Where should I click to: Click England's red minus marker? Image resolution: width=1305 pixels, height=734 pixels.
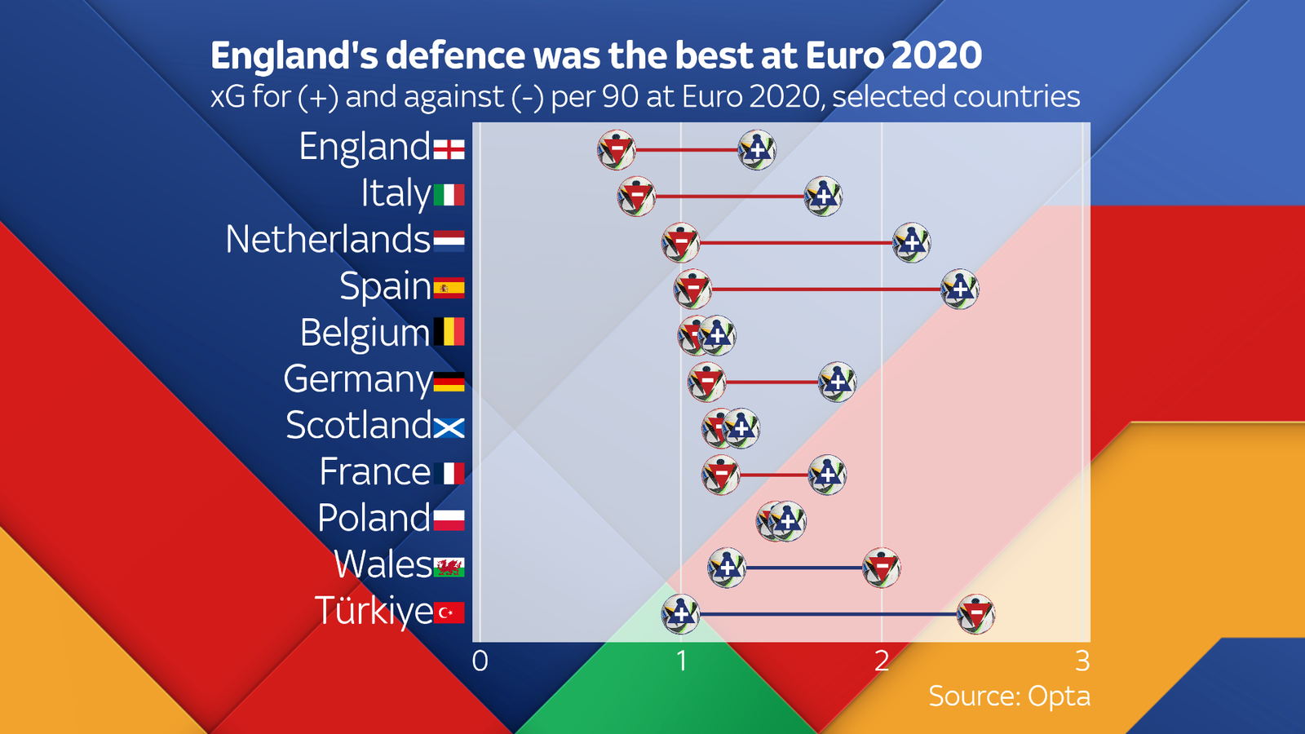[617, 150]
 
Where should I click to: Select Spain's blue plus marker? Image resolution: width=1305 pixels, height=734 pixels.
[960, 290]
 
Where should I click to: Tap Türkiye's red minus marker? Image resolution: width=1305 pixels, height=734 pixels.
[976, 615]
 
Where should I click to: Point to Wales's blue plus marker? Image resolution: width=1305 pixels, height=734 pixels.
[727, 568]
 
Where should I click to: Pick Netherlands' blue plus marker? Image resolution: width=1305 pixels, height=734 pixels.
[911, 243]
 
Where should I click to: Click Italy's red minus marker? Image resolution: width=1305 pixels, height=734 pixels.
[636, 197]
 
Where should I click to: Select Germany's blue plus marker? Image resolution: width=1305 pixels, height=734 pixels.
[837, 382]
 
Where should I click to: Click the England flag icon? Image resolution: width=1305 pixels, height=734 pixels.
[449, 149]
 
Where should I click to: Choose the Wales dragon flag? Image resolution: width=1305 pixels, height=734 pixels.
[449, 567]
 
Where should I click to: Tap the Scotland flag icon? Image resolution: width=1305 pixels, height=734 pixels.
[449, 427]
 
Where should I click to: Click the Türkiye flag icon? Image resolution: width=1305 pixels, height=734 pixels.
[449, 612]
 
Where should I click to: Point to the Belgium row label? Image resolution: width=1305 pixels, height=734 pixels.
[364, 334]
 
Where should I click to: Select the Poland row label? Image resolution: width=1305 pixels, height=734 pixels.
[374, 519]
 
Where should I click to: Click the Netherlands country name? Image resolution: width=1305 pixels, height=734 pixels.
[327, 241]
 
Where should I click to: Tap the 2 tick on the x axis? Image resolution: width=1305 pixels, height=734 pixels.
[882, 661]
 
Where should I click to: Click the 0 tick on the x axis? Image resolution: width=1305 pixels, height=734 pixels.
[480, 661]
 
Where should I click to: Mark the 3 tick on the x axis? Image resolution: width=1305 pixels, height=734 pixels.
[1082, 661]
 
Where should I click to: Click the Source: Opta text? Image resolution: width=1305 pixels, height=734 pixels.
[1009, 696]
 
